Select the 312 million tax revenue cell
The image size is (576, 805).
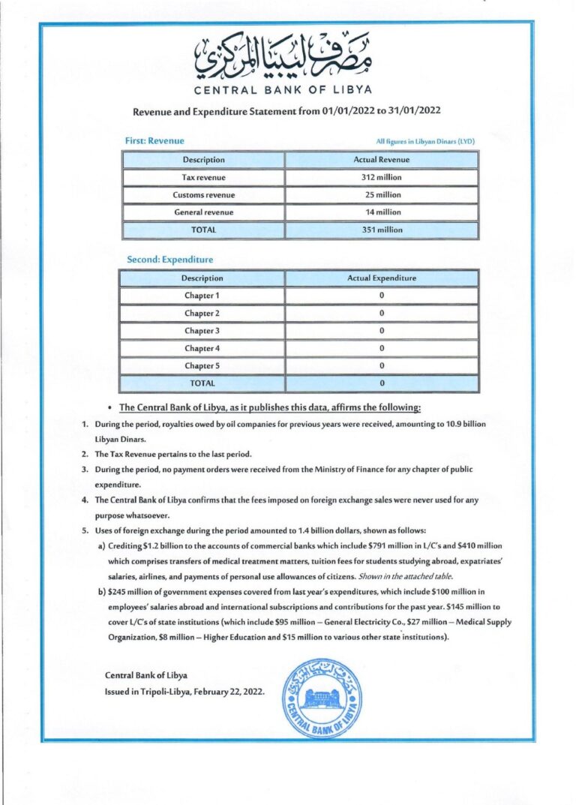pos(381,178)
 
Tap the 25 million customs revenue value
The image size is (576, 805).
pos(381,195)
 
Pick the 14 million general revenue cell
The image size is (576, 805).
pos(381,212)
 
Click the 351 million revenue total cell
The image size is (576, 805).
pos(381,230)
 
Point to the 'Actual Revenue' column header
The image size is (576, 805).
pos(381,160)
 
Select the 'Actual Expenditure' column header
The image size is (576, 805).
pos(381,278)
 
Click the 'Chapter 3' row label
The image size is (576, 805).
pos(202,331)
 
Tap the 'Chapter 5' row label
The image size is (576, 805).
pos(202,365)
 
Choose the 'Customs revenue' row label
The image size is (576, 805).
pos(203,195)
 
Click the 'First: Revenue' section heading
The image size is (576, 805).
pos(155,140)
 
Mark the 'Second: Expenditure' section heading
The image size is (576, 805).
pos(169,260)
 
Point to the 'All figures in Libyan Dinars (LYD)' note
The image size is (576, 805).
pos(425,141)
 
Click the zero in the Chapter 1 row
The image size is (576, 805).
pos(381,296)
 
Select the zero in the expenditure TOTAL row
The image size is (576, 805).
pos(381,383)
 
